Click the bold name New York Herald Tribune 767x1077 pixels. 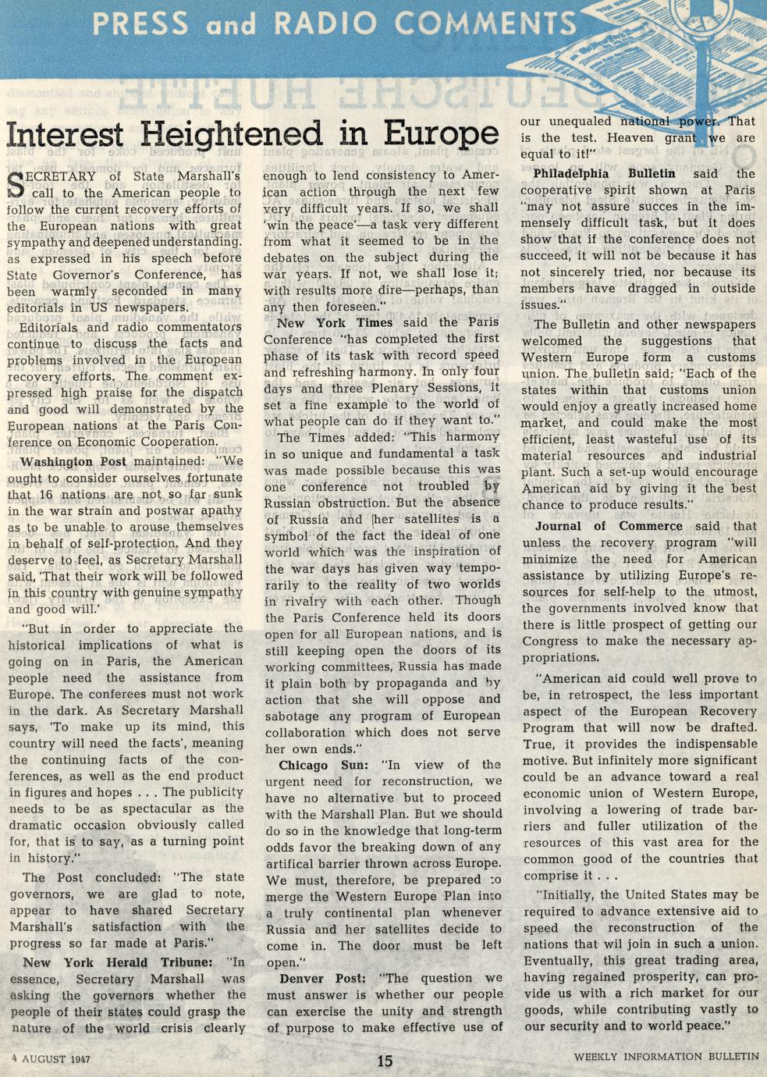[x=117, y=962]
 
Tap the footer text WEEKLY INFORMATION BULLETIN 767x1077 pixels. [x=666, y=1057]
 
